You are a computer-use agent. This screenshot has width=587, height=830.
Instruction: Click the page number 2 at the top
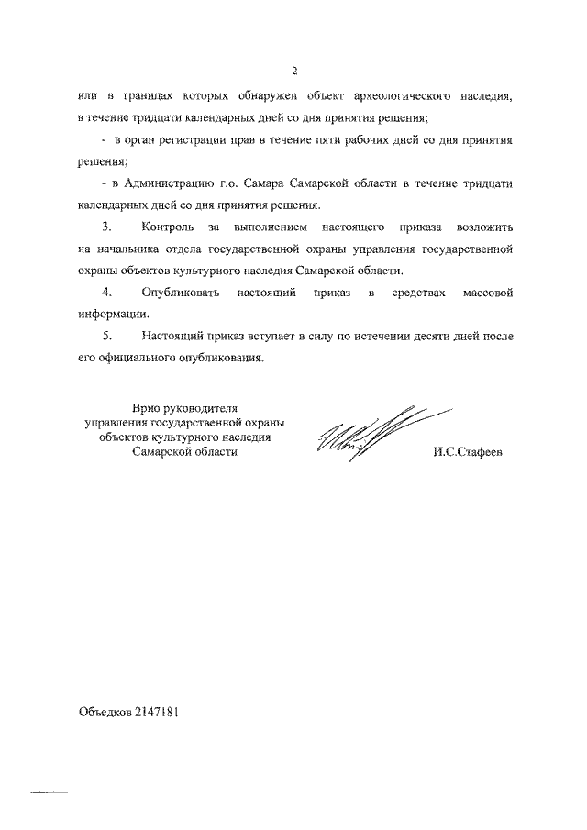pyautogui.click(x=293, y=71)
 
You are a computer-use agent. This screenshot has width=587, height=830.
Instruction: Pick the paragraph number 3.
pyautogui.click(x=106, y=227)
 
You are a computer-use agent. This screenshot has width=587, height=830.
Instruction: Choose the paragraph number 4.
pyautogui.click(x=106, y=293)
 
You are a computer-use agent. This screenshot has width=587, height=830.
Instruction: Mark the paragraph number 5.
pyautogui.click(x=106, y=337)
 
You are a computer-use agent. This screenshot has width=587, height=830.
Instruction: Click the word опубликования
pyautogui.click(x=219, y=359)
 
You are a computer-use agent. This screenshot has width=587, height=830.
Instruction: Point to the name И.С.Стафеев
pyautogui.click(x=469, y=451)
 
